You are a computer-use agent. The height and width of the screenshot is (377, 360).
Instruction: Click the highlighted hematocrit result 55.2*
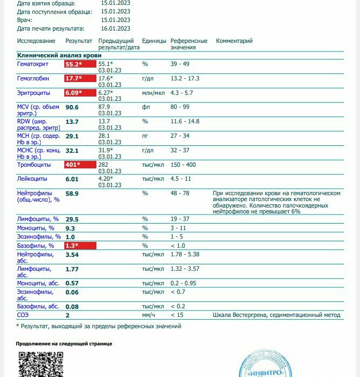click(73, 64)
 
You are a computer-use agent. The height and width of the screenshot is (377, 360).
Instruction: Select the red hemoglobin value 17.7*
click(73, 78)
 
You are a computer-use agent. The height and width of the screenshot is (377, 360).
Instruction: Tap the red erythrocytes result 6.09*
click(73, 93)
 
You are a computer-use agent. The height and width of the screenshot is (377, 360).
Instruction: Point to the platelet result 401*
click(72, 165)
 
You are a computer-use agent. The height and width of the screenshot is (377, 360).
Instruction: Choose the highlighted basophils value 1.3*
click(71, 246)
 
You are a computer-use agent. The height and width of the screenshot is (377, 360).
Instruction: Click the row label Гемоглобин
click(33, 78)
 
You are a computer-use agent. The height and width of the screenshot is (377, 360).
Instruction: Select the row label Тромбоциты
click(35, 165)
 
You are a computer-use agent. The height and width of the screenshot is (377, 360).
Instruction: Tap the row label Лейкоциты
click(32, 179)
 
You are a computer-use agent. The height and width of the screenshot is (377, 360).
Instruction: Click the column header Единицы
click(154, 41)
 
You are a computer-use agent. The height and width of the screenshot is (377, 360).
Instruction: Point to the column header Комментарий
click(234, 41)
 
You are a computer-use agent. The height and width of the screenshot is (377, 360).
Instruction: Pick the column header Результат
click(79, 41)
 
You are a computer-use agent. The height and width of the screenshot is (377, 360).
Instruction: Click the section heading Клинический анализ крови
click(59, 55)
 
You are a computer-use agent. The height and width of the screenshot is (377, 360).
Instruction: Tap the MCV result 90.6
click(72, 107)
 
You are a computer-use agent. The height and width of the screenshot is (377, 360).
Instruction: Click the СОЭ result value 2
click(67, 315)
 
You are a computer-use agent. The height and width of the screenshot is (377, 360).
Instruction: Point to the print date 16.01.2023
click(115, 28)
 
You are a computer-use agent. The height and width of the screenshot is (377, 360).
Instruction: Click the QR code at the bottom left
click(41, 364)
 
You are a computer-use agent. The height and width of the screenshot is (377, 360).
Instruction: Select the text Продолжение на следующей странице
click(64, 344)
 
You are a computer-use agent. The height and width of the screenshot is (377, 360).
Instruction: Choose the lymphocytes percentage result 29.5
click(72, 219)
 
